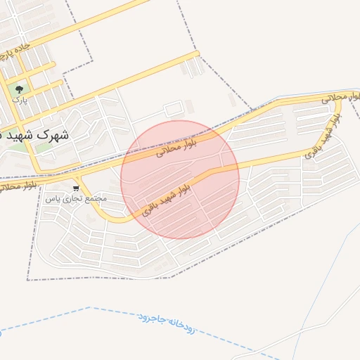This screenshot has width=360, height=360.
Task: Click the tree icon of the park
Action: (x=19, y=89)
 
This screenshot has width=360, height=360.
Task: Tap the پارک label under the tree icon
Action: (x=20, y=100)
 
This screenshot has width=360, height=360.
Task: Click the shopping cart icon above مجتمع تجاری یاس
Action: (x=76, y=188)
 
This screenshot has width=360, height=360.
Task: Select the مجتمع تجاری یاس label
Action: (x=76, y=199)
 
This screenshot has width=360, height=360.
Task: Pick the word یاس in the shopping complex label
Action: (x=51, y=199)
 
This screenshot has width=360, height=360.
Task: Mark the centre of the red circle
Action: (x=180, y=179)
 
